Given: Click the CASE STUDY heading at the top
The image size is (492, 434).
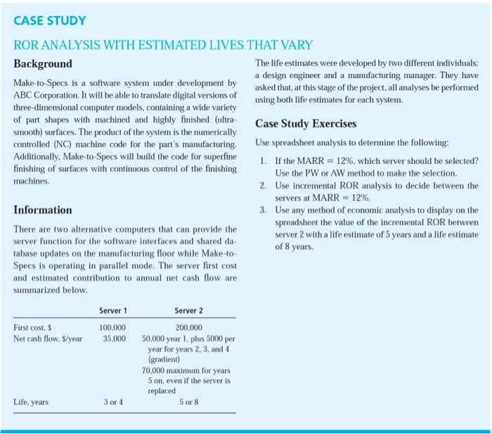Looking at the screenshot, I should coord(50,20).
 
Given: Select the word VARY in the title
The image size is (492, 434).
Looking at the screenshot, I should coord(295,45).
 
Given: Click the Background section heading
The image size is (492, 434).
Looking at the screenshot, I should coord(43,63).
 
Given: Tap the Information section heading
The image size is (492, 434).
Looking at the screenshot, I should coord(43,210).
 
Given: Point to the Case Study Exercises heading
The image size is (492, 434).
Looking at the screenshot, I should coord(306,124).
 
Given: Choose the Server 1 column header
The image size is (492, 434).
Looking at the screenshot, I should coord(113,311).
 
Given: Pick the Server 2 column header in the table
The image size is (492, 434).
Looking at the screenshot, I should coord(188,311).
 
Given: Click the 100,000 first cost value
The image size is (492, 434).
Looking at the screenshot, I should coord(112,328).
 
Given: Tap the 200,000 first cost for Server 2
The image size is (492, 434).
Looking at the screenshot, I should coord(188,328).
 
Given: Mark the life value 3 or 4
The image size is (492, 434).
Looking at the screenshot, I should coord(113,402).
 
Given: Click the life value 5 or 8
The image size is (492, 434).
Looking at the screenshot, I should coord(189,402).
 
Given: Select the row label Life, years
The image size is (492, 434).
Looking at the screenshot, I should coord(32,402).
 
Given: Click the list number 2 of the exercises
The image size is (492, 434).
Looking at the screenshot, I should coord(261,186).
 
